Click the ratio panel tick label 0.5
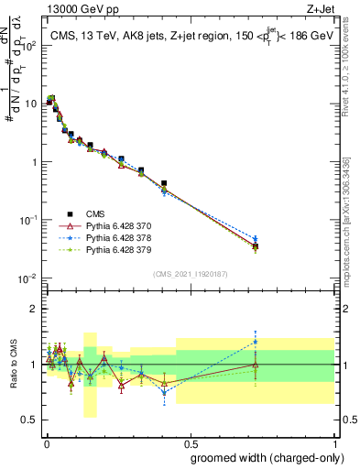tap(28, 420)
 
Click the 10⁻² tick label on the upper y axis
tap(26, 278)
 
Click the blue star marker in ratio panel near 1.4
tap(256, 342)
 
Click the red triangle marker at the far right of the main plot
tap(256, 245)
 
